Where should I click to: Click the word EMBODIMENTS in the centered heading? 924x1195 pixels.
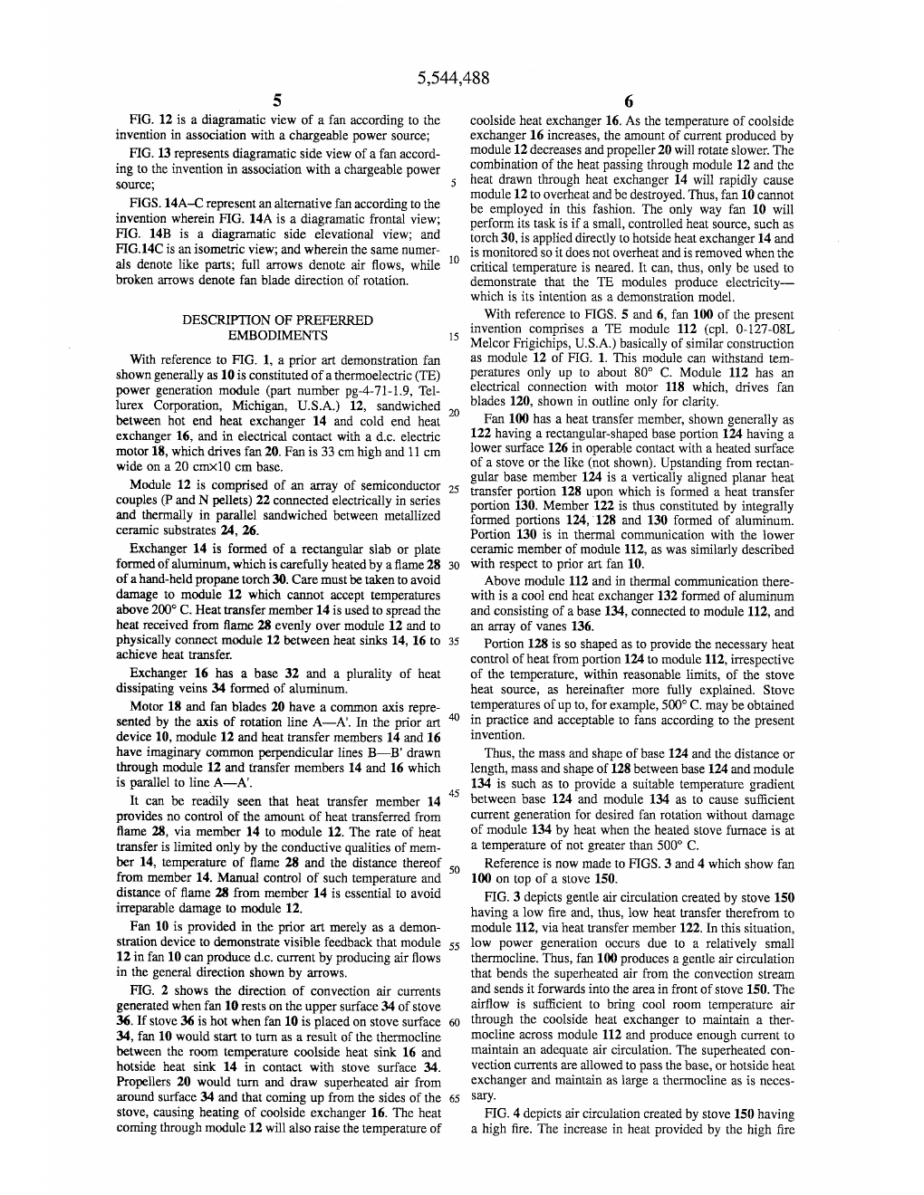click(x=277, y=335)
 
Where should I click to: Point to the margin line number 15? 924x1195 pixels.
click(x=454, y=337)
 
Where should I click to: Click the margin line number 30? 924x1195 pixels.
click(x=455, y=565)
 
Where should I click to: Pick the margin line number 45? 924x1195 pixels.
click(x=455, y=794)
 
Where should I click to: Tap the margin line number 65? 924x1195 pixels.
click(x=455, y=1098)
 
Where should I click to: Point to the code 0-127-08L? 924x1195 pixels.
click(x=762, y=330)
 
